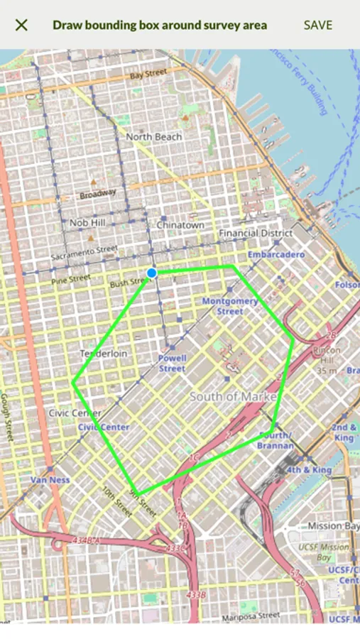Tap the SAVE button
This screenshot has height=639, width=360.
pyautogui.click(x=317, y=25)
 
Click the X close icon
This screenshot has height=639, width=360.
pyautogui.click(x=21, y=25)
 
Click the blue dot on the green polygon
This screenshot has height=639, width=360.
pyautogui.click(x=151, y=273)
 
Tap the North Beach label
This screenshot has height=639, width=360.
pyautogui.click(x=153, y=136)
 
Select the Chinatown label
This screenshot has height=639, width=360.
pyautogui.click(x=180, y=224)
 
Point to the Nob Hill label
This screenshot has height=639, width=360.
pyautogui.click(x=87, y=222)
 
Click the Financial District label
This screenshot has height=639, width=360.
pyautogui.click(x=256, y=233)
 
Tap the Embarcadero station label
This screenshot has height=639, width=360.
pyautogui.click(x=276, y=254)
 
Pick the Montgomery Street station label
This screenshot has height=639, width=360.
pyautogui.click(x=230, y=306)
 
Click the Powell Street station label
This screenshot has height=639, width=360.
pyautogui.click(x=172, y=364)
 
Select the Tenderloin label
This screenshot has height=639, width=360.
pyautogui.click(x=104, y=354)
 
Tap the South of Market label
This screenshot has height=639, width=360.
pyautogui.click(x=233, y=396)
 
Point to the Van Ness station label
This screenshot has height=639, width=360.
pyautogui.click(x=50, y=480)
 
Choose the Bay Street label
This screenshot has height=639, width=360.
pyautogui.click(x=148, y=73)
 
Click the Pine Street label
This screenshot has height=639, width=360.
pyautogui.click(x=71, y=279)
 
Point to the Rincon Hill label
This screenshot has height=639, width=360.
pyautogui.click(x=327, y=355)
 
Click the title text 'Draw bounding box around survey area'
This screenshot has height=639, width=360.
pyautogui.click(x=160, y=25)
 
